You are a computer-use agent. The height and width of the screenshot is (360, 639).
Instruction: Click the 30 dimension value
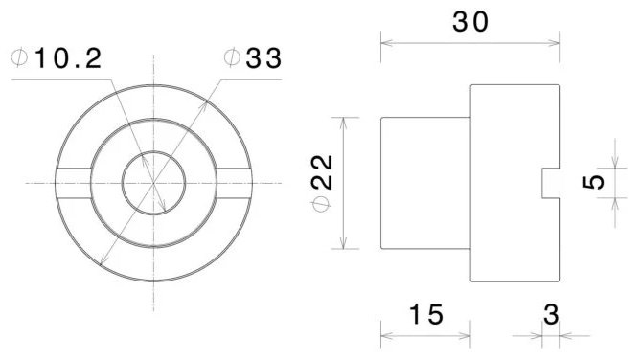[469, 22]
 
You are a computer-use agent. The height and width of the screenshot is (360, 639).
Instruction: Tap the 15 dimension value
[426, 314]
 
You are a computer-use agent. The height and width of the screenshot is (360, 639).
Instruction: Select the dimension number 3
[552, 314]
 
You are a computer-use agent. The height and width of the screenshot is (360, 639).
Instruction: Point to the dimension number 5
[593, 182]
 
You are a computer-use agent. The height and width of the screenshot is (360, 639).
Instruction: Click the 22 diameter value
[322, 172]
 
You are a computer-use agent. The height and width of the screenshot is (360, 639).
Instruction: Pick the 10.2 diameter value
[68, 58]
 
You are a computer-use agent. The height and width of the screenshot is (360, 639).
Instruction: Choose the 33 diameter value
[263, 58]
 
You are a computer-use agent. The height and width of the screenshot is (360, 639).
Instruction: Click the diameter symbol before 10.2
[19, 57]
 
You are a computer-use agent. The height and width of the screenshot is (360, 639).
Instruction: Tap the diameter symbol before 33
[232, 57]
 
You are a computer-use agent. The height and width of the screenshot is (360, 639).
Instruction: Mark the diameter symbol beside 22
[322, 205]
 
